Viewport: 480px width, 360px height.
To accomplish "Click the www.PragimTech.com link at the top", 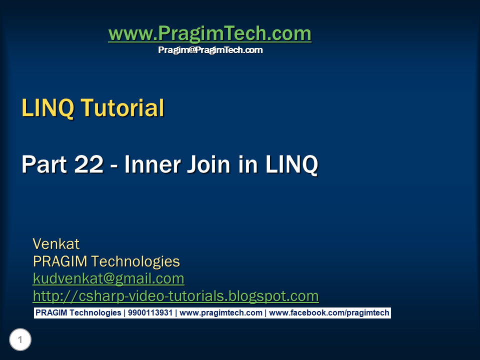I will (209, 34).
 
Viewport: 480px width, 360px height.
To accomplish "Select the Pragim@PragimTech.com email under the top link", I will (210, 50).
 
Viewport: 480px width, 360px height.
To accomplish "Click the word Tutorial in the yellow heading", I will (122, 108).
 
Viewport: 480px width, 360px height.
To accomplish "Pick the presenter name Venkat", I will (56, 244).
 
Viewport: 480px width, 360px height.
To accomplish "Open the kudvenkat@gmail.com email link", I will (108, 278).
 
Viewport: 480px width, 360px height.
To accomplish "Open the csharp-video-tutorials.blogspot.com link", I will (175, 296).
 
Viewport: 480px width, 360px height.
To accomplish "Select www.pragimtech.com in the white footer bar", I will (220, 313).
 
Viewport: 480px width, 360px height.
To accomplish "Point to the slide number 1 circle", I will (20, 340).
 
